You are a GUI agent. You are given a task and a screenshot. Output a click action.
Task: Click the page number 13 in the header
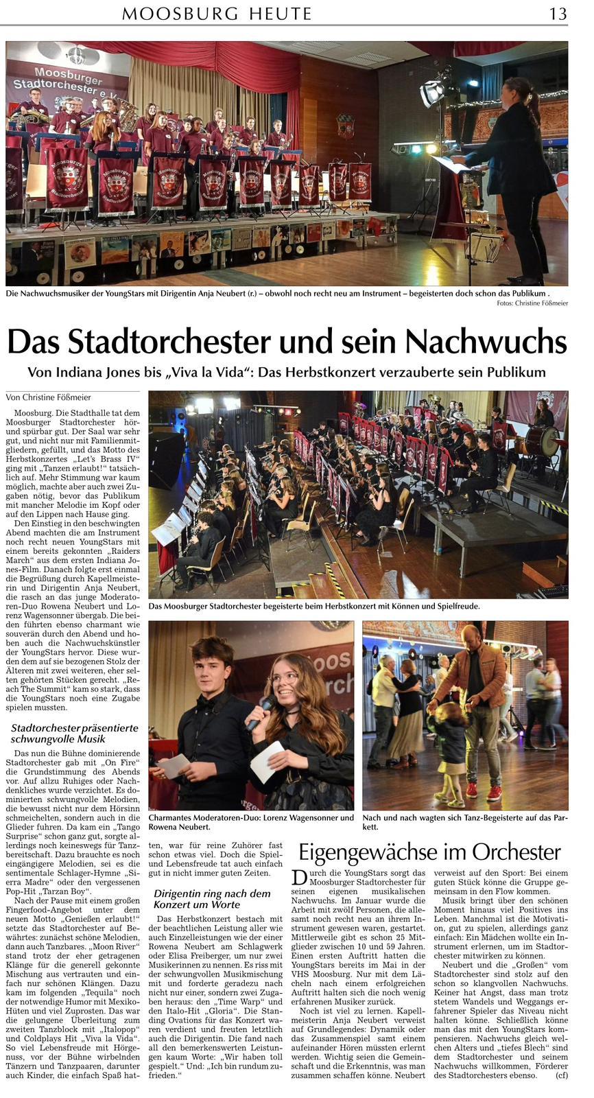coord(557,13)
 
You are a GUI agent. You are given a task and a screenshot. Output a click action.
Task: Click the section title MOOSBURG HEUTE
coord(217,14)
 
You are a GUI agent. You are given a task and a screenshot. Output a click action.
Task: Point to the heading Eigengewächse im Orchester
coord(430,852)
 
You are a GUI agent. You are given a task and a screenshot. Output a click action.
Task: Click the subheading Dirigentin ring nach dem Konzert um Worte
coord(212,899)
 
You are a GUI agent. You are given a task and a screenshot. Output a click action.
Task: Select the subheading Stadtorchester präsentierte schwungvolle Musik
coord(75,733)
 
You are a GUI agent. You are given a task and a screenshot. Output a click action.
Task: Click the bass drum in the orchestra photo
coord(541,441)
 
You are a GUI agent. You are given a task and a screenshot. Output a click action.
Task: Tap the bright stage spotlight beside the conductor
coord(431,92)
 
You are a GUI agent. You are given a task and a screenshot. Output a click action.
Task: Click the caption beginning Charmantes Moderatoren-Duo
coord(251,822)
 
